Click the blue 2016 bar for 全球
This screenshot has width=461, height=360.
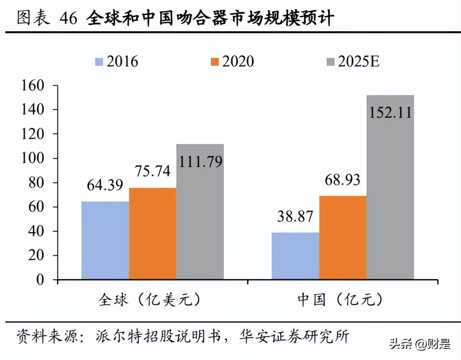click(105, 240)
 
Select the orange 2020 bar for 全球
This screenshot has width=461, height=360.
click(153, 234)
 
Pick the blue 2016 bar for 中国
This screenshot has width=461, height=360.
click(295, 256)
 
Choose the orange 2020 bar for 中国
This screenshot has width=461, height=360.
click(343, 238)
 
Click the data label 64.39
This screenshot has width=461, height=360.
click(105, 185)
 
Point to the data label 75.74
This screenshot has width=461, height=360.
click(152, 171)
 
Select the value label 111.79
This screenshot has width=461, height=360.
click(201, 162)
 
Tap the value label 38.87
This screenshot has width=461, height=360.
click(295, 217)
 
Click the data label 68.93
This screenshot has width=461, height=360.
click(342, 180)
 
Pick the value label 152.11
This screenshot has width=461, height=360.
click(390, 112)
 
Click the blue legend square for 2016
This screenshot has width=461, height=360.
click(99, 62)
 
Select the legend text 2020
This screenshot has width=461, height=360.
click(238, 62)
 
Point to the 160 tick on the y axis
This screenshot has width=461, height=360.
click(33, 86)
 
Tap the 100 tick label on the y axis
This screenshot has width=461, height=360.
click(33, 158)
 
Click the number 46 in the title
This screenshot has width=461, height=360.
click(69, 18)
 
